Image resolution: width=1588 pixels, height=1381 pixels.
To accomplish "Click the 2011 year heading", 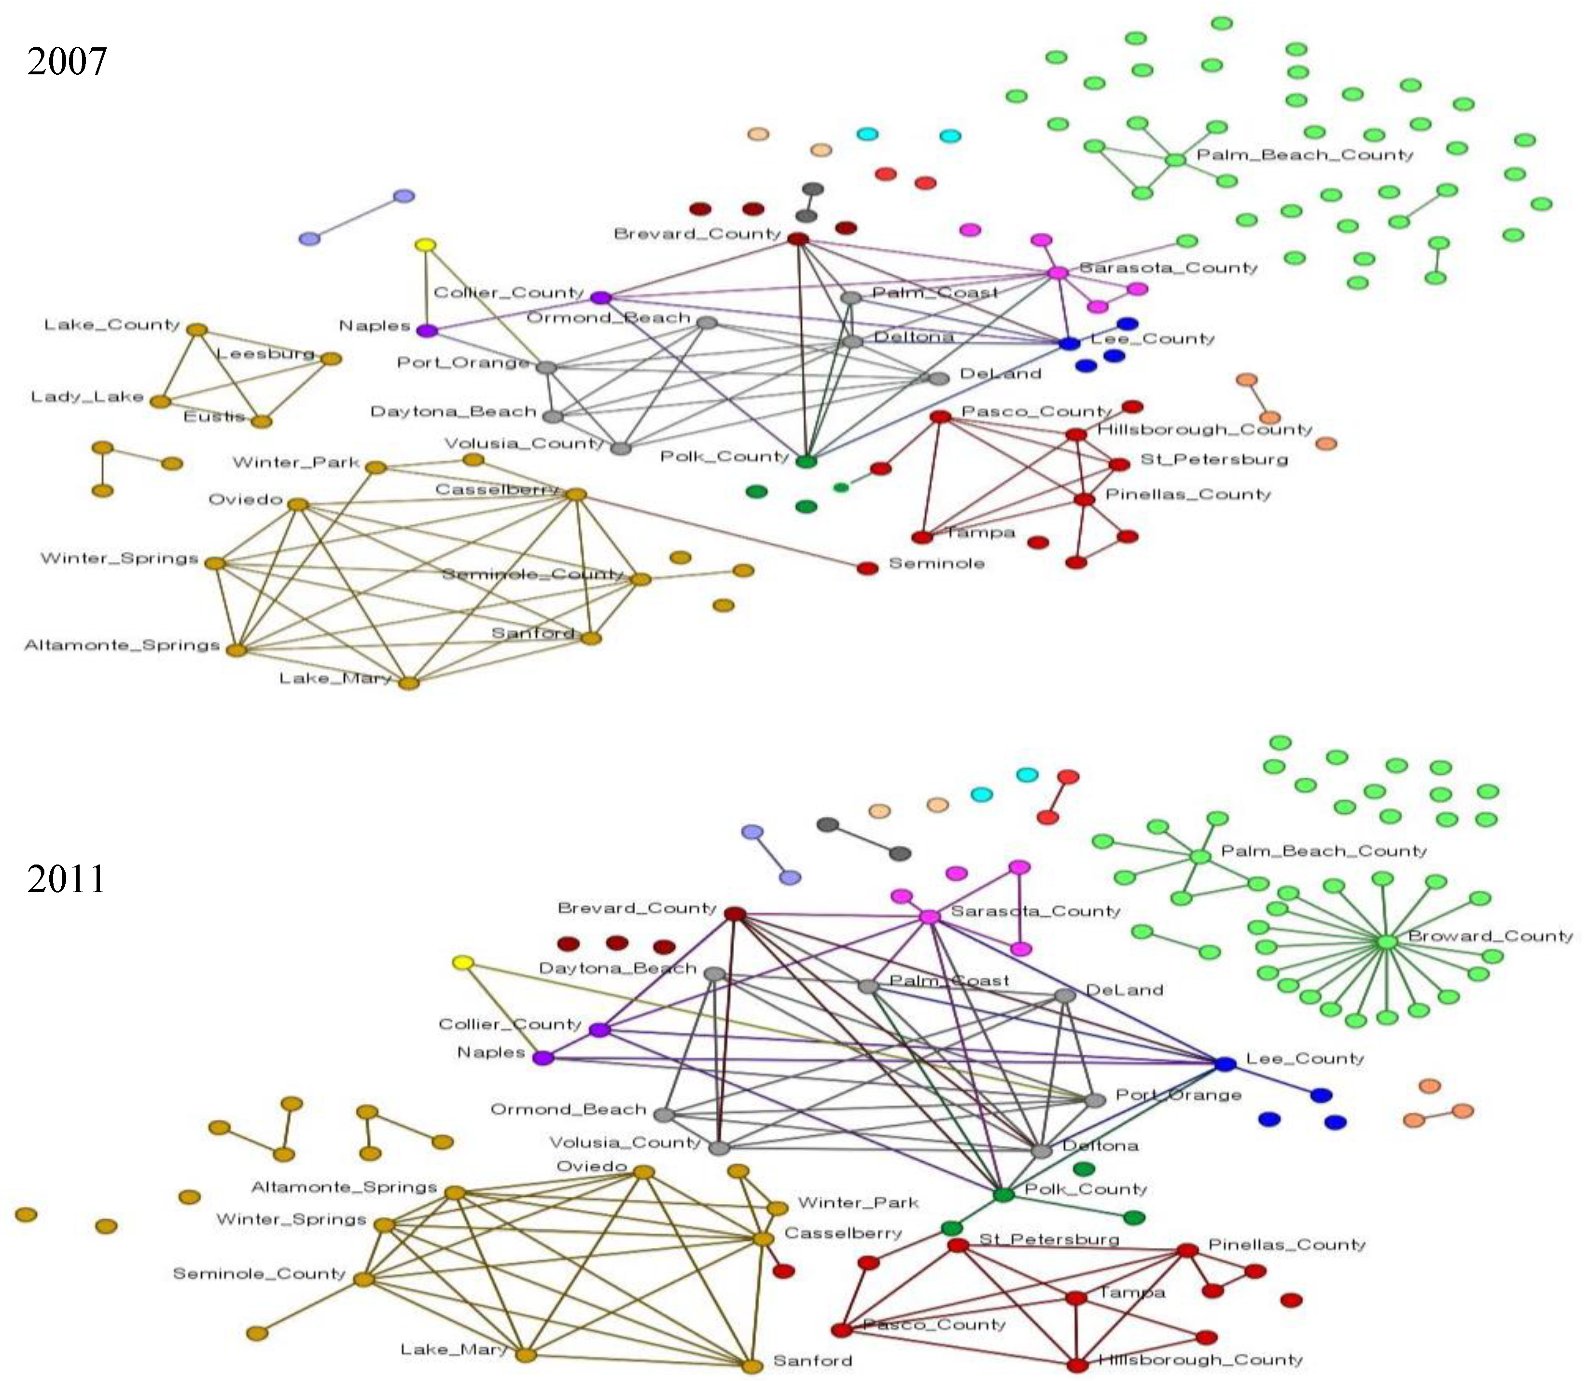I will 66,879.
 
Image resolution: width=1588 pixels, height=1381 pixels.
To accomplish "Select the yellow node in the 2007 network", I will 425,246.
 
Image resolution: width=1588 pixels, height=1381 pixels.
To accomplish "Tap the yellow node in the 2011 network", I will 462,963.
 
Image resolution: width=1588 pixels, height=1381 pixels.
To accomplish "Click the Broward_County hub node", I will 1386,942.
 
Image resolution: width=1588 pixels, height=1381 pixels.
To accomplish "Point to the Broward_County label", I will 1490,936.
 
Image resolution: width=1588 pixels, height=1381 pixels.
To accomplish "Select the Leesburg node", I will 331,358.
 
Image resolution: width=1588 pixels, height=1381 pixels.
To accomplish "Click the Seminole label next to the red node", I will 937,563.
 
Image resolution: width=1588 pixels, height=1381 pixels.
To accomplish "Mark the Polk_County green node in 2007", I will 805,461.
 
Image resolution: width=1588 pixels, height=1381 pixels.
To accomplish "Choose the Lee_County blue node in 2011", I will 1225,1064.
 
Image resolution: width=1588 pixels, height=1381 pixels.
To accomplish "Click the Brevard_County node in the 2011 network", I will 735,914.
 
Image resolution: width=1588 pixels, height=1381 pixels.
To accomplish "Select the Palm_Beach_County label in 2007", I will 1305,155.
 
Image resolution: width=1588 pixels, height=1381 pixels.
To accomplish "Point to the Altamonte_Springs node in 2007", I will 237,650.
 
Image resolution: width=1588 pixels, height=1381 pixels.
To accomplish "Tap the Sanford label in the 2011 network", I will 813,1361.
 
